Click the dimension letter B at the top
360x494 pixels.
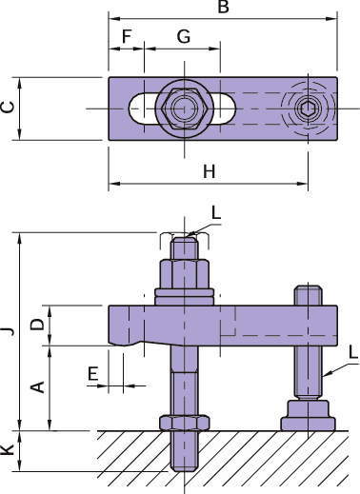coord(224,7)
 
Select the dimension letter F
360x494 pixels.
coord(127,36)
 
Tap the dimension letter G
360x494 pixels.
coord(184,36)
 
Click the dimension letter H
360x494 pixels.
coord(210,171)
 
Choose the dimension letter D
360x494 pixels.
coord(37,325)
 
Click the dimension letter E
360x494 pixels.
coord(92,373)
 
